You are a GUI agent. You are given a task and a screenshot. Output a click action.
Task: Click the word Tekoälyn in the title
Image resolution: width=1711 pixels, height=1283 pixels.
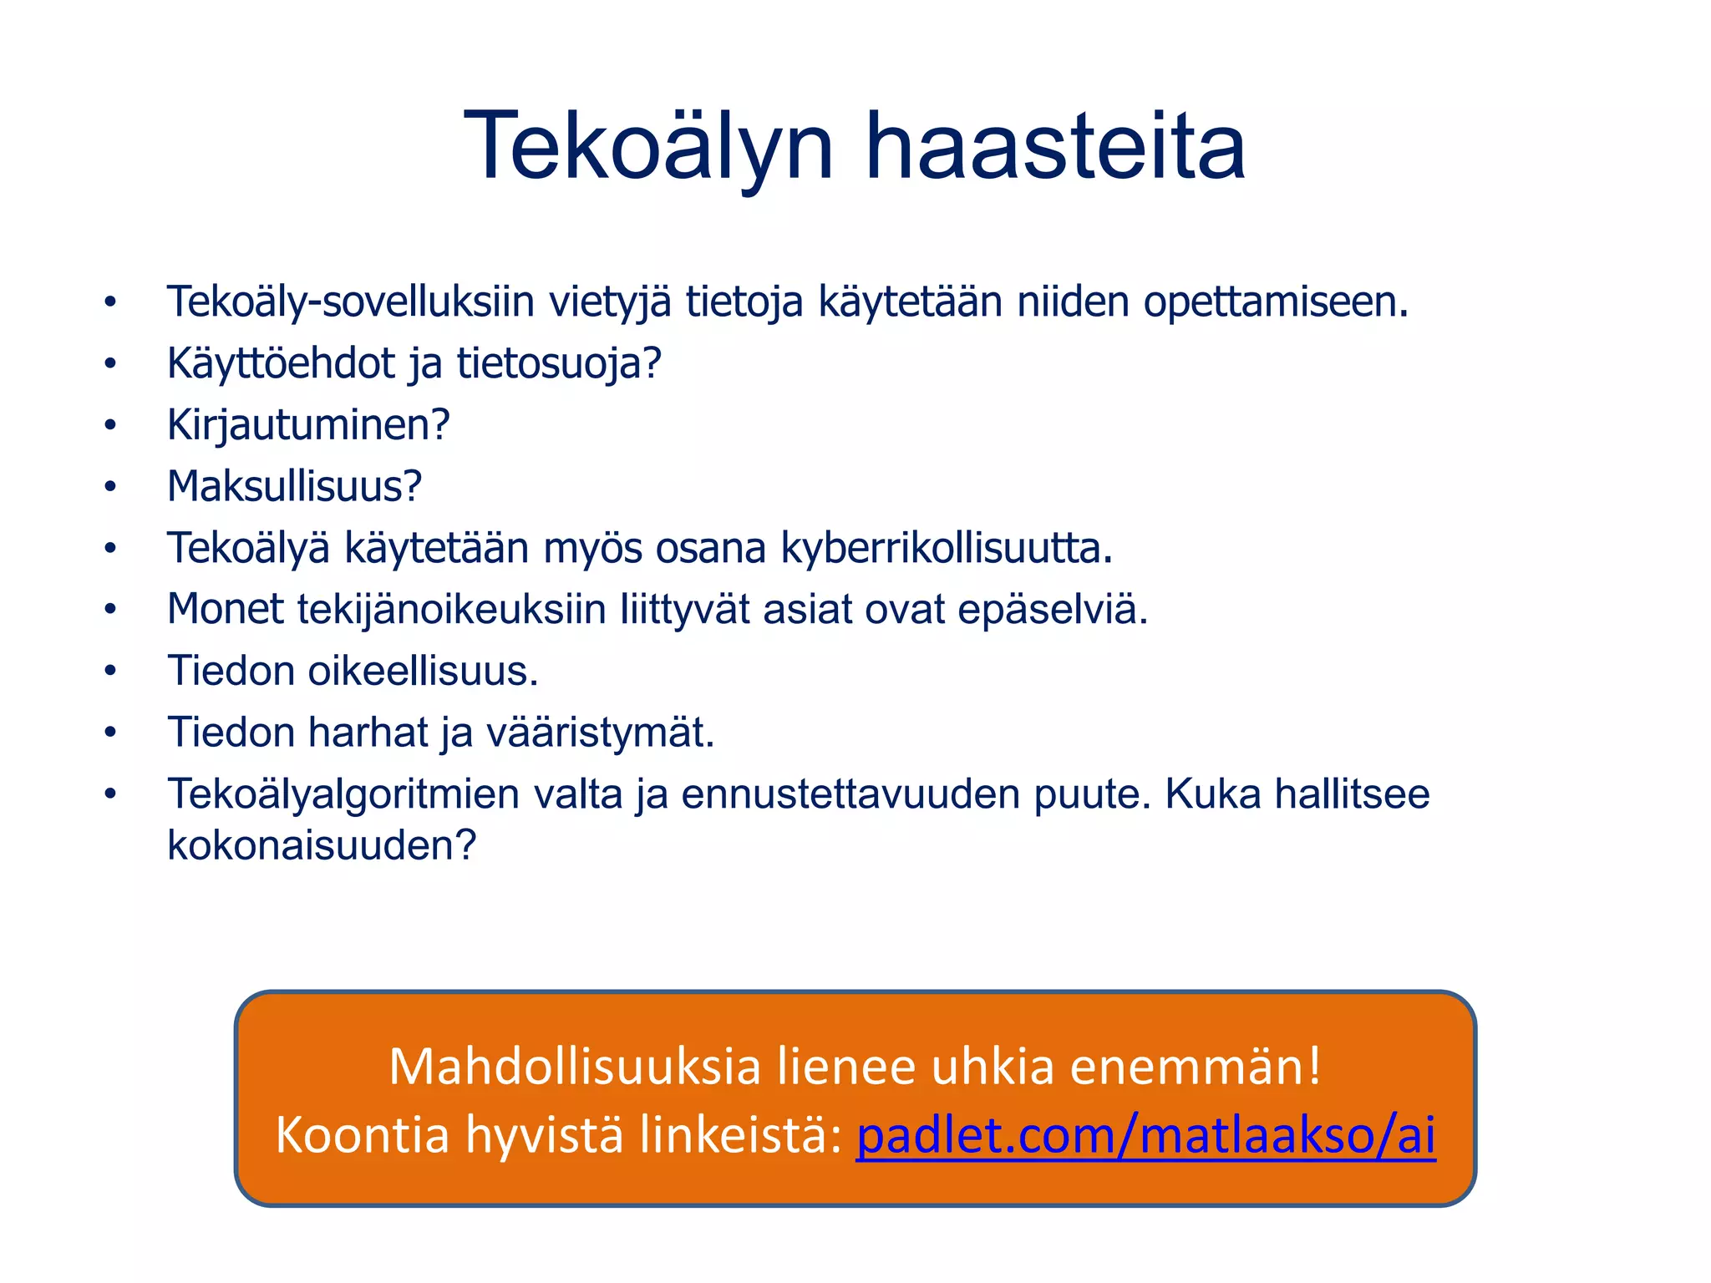click(x=648, y=148)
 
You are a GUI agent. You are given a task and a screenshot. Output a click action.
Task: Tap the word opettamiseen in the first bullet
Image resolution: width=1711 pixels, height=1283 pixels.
click(x=1276, y=302)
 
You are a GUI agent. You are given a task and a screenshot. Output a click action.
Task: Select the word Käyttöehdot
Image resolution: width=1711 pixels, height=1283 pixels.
click(x=281, y=363)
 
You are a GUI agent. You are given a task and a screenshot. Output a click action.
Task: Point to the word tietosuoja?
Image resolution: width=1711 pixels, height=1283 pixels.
click(x=559, y=364)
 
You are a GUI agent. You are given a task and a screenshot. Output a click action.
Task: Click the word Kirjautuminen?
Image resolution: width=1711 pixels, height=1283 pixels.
click(x=308, y=425)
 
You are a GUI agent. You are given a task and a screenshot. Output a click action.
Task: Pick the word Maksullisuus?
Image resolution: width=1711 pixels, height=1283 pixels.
click(x=294, y=486)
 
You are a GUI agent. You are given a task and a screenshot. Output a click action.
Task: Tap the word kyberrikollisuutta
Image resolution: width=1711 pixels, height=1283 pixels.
click(x=947, y=549)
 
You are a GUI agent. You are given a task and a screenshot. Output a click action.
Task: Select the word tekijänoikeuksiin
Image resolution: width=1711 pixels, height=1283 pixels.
click(x=451, y=610)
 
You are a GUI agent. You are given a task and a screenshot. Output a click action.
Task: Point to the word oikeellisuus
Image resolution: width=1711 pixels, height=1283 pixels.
click(x=424, y=672)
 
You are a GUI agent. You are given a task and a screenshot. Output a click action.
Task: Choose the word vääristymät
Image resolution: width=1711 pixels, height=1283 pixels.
click(x=600, y=733)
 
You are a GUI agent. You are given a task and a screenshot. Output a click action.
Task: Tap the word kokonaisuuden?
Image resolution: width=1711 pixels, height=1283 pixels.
click(x=322, y=845)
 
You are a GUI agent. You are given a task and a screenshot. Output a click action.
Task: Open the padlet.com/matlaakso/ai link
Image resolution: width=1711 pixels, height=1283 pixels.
click(x=1145, y=1136)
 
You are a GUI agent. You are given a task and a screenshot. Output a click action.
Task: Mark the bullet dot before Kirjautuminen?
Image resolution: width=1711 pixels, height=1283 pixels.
click(x=110, y=425)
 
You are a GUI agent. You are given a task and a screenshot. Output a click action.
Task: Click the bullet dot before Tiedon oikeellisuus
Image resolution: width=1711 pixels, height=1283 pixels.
click(x=110, y=671)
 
